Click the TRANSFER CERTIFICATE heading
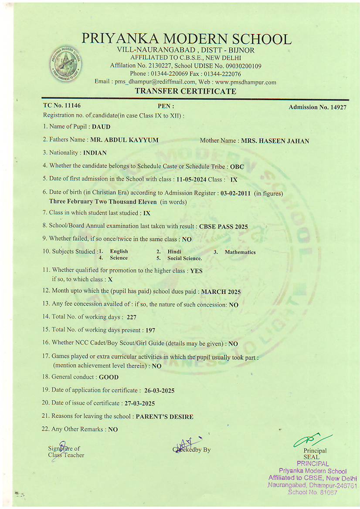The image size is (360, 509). tap(185, 91)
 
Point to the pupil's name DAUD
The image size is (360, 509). tap(101, 127)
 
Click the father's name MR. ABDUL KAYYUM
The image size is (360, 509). tap(124, 140)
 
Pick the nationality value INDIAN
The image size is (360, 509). tap(95, 153)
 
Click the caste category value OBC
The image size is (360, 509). tap(237, 167)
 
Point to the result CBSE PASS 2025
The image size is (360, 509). tap(223, 227)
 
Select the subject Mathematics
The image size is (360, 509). tap(240, 253)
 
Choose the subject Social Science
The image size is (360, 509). tap(184, 258)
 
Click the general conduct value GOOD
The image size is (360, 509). tap(109, 378)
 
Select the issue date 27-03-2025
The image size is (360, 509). tap(138, 404)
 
